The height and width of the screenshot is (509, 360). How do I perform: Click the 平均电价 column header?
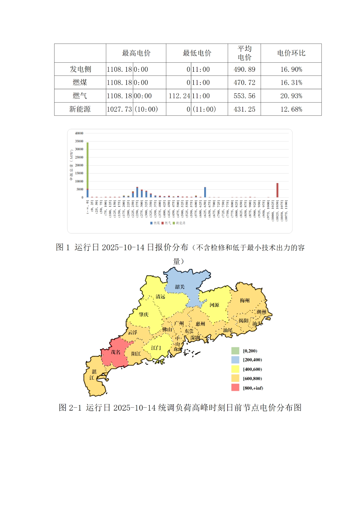244,53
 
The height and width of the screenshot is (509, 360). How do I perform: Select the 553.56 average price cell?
244,96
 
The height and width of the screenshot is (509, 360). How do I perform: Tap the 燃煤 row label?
80,82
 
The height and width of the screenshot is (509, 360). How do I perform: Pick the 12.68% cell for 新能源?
291,109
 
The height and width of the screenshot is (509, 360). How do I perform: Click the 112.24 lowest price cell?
179,96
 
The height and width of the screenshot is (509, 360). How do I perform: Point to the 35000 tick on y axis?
79,141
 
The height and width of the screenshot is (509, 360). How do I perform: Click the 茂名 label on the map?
115,352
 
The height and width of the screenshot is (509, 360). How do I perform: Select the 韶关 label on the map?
180,287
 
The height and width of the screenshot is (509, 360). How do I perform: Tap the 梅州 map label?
245,300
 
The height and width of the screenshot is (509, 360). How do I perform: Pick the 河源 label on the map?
214,305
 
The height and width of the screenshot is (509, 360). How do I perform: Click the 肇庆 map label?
144,314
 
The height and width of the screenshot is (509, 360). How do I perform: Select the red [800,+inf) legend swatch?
235,388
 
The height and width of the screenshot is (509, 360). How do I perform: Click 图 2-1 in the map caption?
70,407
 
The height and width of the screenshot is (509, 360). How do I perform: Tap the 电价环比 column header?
291,53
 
